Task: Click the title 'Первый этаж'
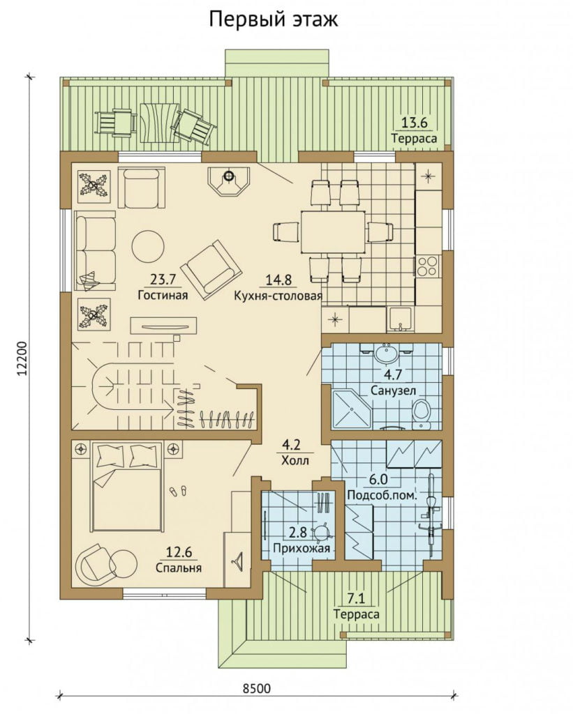point(274,20)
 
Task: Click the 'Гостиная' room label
point(163,295)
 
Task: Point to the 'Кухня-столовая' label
point(278,296)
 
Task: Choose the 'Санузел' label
point(393,390)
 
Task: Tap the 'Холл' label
point(295,460)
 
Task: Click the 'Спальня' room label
point(179,568)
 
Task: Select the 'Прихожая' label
point(302,548)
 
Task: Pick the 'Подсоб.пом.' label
point(382,496)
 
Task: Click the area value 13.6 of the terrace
point(413,123)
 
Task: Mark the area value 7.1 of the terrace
point(355,598)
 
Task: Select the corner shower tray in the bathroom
point(352,409)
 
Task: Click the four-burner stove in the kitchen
point(427,266)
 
